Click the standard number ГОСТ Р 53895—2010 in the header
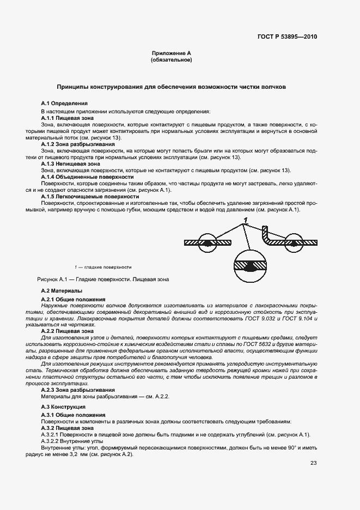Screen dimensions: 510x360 tap(287, 37)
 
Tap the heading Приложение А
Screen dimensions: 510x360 tap(171, 53)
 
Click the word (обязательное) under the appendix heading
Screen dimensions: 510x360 tap(171, 60)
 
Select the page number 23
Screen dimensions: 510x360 tap(313, 463)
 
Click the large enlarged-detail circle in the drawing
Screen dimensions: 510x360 tap(249, 265)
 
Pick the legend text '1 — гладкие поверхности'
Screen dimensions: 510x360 tap(103, 267)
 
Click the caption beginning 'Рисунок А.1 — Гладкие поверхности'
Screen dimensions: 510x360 tap(103, 279)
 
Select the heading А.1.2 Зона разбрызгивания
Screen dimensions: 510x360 tap(78, 144)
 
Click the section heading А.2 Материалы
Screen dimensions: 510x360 tap(62, 292)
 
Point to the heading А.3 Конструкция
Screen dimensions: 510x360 tap(63, 407)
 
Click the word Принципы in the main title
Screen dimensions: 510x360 tap(76, 87)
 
